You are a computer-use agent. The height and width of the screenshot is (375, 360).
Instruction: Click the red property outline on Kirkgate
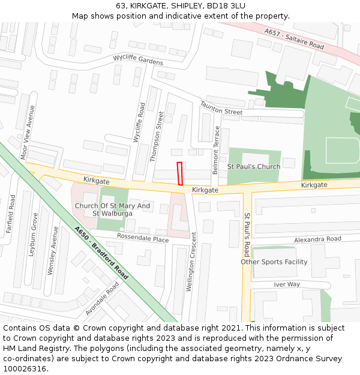point(179,173)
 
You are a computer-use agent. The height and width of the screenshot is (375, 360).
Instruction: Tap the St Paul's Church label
point(253,166)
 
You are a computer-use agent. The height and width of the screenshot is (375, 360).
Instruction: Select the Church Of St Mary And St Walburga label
point(112,209)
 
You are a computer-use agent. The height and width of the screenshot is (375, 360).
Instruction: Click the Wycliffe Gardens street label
point(138,61)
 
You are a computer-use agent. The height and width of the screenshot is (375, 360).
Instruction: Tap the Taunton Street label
point(221,108)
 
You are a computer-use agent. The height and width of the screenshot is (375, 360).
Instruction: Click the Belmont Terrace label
point(216,150)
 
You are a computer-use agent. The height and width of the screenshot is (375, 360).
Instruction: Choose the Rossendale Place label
point(143,238)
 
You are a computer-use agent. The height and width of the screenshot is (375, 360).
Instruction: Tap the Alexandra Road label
point(317,239)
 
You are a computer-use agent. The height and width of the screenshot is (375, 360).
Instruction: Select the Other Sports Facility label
point(274,262)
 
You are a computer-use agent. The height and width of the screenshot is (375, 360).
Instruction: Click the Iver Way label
point(286,284)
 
